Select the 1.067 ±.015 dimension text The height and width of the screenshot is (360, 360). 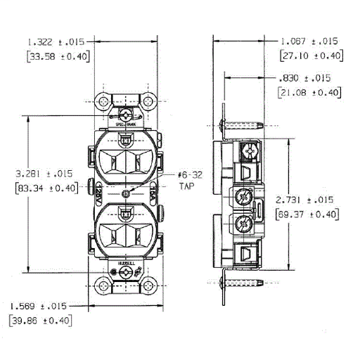coord(309,41)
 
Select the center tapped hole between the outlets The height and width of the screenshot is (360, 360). coord(126,193)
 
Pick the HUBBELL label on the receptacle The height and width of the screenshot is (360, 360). coord(127,261)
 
